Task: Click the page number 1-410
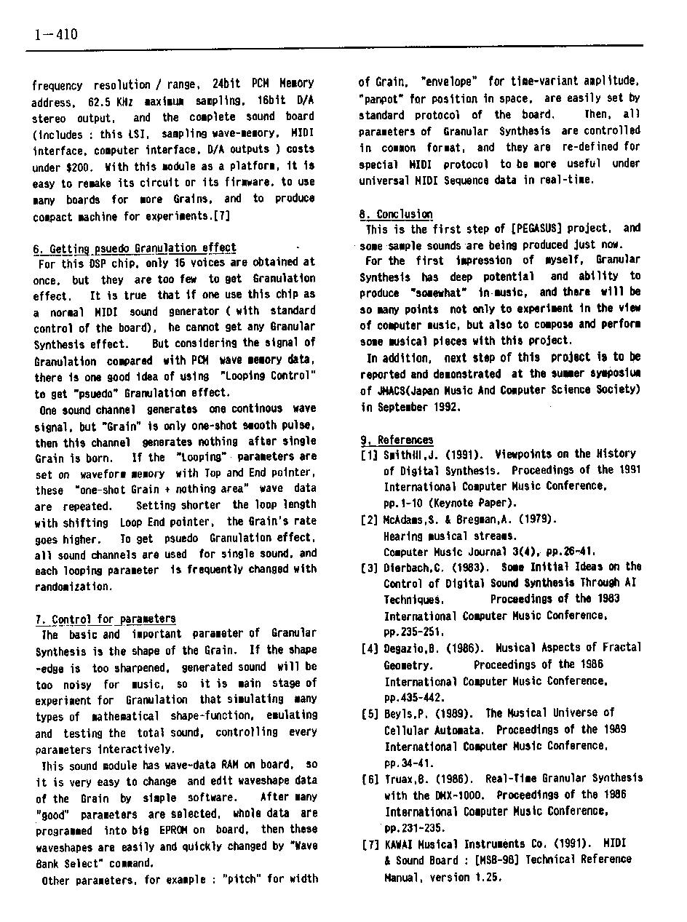pyautogui.click(x=55, y=34)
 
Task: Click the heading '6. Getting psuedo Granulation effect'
pyautogui.click(x=135, y=248)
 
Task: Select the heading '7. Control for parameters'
pyautogui.click(x=106, y=619)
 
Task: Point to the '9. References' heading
pyautogui.click(x=397, y=440)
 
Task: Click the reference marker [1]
pyautogui.click(x=368, y=455)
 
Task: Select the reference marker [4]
pyautogui.click(x=369, y=648)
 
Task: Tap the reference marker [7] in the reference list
pyautogui.click(x=369, y=845)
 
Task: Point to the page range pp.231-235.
pyautogui.click(x=414, y=828)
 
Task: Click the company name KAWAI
pyautogui.click(x=401, y=845)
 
